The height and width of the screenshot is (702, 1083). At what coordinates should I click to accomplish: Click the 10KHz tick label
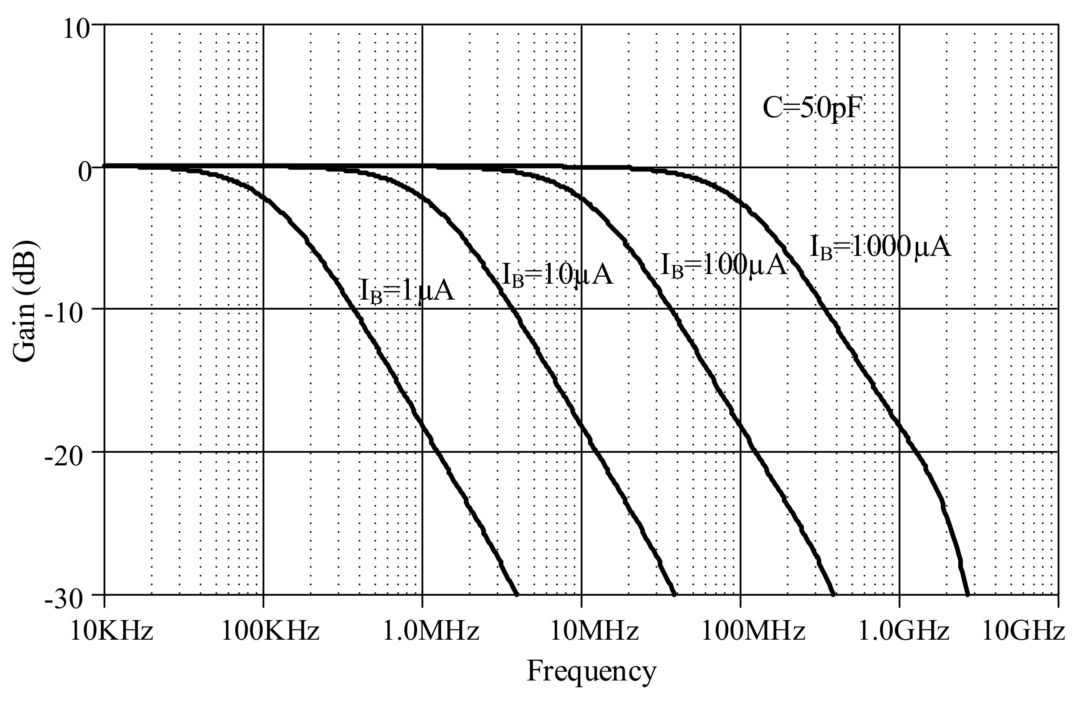point(111,632)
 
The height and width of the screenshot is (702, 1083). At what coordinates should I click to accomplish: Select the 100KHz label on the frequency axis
point(270,632)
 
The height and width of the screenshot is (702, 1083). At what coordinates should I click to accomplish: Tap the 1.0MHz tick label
point(430,632)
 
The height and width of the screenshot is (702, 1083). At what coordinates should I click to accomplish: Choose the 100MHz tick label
point(753,632)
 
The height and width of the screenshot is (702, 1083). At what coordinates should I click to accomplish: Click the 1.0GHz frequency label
point(904,632)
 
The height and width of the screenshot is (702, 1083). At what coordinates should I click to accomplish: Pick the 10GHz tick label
point(1023,632)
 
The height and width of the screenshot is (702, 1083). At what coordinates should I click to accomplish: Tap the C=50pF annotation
point(813,109)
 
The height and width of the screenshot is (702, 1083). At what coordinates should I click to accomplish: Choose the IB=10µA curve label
point(557,275)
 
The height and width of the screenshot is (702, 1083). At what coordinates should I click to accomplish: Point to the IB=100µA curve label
point(723,265)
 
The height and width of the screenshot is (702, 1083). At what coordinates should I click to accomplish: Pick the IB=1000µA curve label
point(880,248)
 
